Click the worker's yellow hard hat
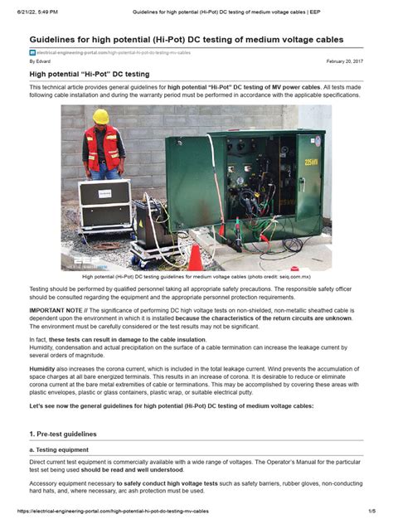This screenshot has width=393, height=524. (x=101, y=117)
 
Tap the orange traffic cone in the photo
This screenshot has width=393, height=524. (x=195, y=256)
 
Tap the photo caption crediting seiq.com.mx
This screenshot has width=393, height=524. (x=196, y=278)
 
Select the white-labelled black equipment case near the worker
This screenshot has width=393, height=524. (x=104, y=200)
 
